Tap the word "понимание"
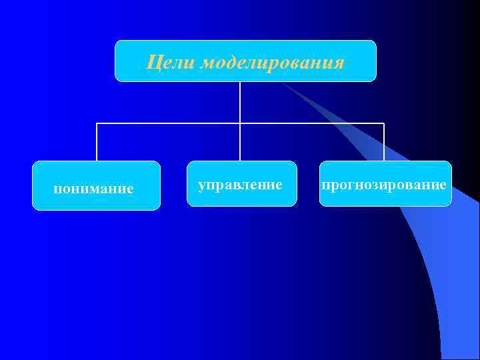[x=93, y=189]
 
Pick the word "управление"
[x=240, y=183]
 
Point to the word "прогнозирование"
[x=384, y=184]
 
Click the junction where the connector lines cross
[x=240, y=123]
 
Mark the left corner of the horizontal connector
[x=97, y=123]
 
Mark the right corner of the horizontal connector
[x=384, y=123]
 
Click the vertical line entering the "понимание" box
[x=97, y=143]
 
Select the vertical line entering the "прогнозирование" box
[x=384, y=143]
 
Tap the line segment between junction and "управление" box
[x=240, y=143]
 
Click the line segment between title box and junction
[x=240, y=103]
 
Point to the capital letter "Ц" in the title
[x=152, y=63]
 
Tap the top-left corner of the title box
[x=117, y=42]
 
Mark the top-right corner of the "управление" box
[x=295, y=163]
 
